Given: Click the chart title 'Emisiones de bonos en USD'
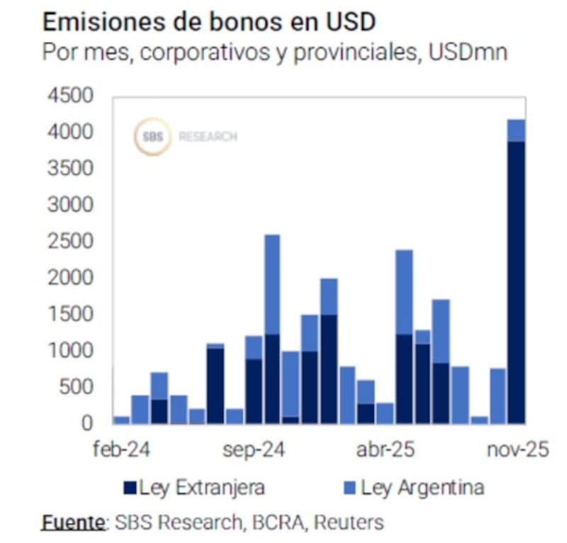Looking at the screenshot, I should point(208,23).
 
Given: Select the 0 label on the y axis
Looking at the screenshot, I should point(86,422).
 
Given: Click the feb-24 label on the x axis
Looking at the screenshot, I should point(125,451).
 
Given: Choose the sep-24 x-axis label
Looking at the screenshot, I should point(254,451).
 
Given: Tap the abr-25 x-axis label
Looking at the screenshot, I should point(386,451).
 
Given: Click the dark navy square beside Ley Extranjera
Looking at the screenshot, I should point(130,488).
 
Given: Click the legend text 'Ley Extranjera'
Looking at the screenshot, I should point(202,488).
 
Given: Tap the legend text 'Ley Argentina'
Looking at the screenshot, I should point(422,488).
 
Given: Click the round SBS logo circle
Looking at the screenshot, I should point(153,137).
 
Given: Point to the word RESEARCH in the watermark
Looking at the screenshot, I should point(208,137).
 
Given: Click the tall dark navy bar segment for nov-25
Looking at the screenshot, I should point(517,284).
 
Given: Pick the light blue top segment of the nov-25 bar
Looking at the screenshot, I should point(517,130).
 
